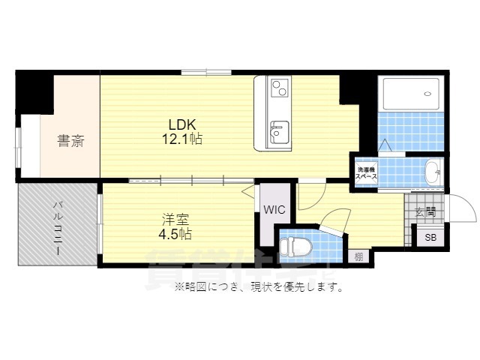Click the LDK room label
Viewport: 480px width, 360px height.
point(182,124)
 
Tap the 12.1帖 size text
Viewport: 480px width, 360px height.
point(183,139)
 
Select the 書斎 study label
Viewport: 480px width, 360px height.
point(70,140)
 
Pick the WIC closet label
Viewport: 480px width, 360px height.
point(272,210)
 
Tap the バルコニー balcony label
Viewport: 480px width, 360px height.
point(56,226)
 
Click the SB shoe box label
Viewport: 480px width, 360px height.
point(430,238)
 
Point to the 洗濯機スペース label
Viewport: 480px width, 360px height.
point(367,173)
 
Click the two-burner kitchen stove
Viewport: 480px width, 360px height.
point(279,88)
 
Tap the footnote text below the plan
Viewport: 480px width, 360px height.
point(259,286)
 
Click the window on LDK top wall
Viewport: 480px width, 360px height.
point(205,72)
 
